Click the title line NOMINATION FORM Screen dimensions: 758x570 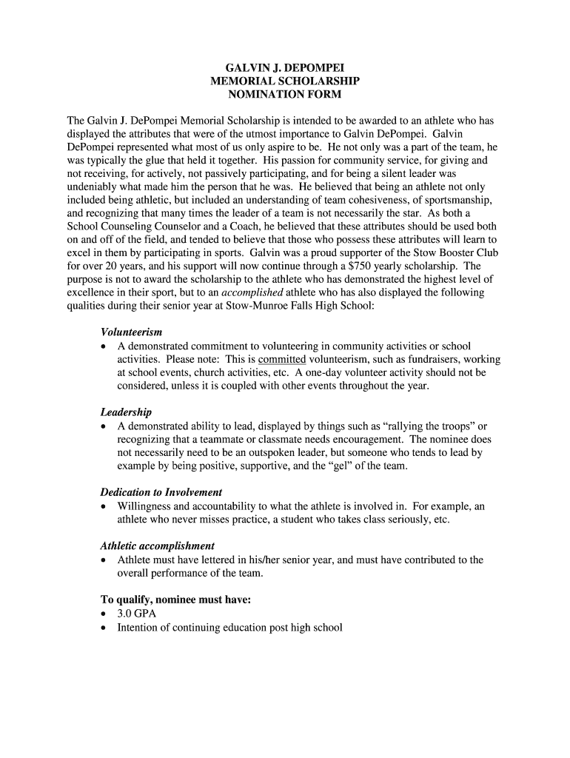285,95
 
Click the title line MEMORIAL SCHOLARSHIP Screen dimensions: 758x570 285,81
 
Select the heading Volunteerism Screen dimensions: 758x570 131,332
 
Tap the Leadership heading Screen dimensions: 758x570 126,412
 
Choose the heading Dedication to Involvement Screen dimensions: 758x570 161,492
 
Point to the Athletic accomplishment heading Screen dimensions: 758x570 158,546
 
